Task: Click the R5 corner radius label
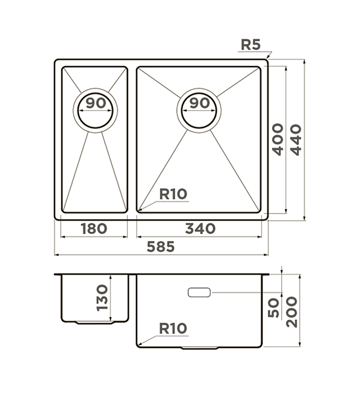coord(250,44)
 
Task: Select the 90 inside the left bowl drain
coord(95,103)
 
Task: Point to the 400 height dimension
coord(277,139)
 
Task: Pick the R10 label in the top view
coord(173,194)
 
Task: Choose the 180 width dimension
coord(94,229)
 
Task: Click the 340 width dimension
coord(200,229)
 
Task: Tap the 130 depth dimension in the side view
coord(102,297)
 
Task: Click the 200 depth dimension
coord(292,311)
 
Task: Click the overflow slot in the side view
coord(199,292)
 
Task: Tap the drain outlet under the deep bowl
coord(200,348)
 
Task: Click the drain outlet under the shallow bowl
coord(95,322)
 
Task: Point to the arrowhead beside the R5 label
coord(269,54)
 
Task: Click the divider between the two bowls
coord(132,140)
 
